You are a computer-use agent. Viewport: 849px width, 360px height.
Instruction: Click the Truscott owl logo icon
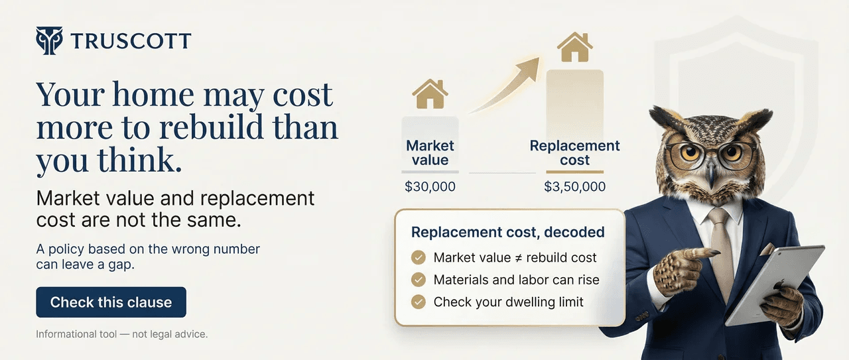click(x=49, y=40)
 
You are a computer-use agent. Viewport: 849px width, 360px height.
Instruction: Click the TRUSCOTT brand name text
click(x=131, y=42)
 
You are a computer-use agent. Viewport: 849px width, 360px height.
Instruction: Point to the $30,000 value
click(x=430, y=187)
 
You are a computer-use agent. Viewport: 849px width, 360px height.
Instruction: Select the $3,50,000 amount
click(x=574, y=187)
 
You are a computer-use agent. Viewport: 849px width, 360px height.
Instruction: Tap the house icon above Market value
click(x=430, y=94)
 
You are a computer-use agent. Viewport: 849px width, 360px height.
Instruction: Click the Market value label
click(x=430, y=152)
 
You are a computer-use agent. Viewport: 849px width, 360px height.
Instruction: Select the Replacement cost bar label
click(x=574, y=152)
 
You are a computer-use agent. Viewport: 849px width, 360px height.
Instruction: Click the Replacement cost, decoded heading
click(x=507, y=232)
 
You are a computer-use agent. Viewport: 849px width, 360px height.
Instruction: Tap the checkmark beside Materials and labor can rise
click(x=419, y=280)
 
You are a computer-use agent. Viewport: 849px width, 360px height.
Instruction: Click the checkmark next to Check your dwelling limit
click(x=419, y=302)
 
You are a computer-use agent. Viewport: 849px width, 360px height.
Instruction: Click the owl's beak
click(x=711, y=174)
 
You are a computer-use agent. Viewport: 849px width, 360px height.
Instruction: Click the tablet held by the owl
click(x=776, y=285)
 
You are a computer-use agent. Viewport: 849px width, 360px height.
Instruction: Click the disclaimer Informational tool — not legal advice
click(x=122, y=334)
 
